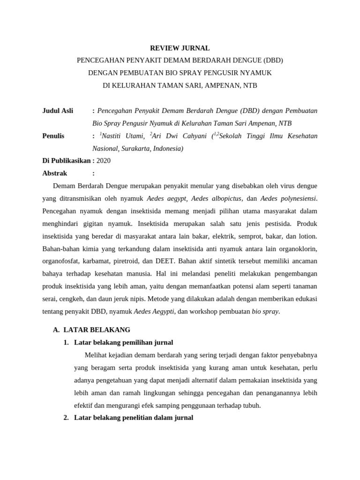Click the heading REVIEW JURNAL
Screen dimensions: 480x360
[x=180, y=48]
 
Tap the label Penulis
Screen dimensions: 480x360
[x=53, y=136]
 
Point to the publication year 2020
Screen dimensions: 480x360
[x=104, y=161]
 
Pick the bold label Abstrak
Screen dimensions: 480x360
[x=55, y=173]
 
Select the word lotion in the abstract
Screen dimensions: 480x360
[x=306, y=235]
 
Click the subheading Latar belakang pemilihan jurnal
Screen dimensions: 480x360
[x=124, y=343]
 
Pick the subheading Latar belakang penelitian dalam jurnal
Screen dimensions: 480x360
[x=134, y=418]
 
